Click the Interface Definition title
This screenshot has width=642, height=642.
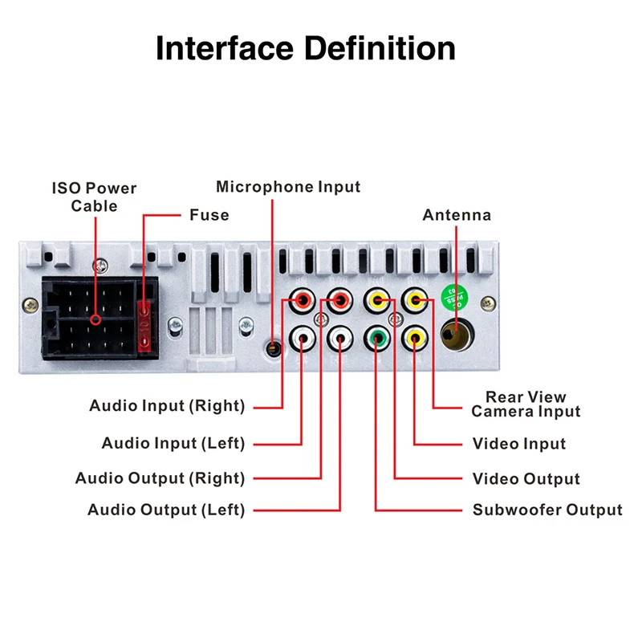305,48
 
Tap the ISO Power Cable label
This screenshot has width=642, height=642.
95,197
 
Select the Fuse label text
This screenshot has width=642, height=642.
209,215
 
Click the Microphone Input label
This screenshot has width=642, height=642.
288,187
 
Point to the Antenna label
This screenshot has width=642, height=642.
457,215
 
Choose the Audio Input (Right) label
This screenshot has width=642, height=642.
167,405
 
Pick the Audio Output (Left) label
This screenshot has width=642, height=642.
166,510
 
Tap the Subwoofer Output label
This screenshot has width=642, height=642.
547,510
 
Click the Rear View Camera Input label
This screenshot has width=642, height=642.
526,404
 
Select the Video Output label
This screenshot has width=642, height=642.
526,479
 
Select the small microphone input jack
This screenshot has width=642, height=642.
273,349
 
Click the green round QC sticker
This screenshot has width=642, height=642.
454,299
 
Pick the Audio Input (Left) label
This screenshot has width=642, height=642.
173,443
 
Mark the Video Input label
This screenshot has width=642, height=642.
519,444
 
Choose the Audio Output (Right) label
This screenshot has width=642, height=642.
160,478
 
